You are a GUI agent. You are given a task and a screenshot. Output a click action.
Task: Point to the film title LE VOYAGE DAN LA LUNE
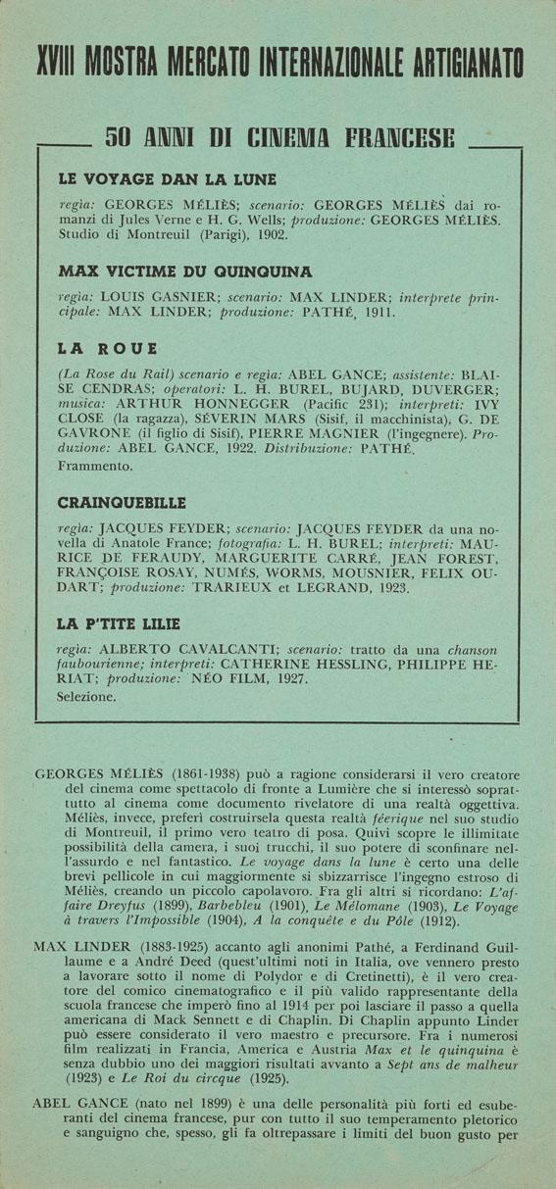168,179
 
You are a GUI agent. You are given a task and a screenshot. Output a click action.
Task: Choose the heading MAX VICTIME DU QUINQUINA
185,271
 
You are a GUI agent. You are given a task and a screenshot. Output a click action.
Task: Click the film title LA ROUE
108,349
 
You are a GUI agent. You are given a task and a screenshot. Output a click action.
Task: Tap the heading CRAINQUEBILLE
122,503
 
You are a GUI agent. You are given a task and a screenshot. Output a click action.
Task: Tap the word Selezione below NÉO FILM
87,697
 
